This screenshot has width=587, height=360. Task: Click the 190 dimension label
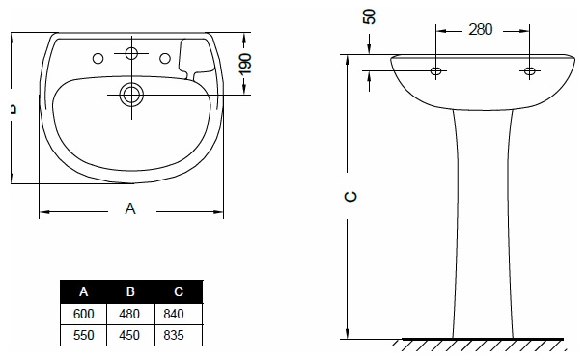[245, 64]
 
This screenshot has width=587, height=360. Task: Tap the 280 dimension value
[480, 29]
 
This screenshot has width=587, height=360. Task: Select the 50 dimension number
[370, 16]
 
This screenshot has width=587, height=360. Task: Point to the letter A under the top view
[130, 208]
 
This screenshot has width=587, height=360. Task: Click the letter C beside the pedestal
[350, 197]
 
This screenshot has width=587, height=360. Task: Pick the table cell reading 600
[83, 314]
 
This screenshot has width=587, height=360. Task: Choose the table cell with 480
[129, 314]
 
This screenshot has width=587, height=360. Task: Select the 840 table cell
[174, 314]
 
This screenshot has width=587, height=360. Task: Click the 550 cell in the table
[83, 335]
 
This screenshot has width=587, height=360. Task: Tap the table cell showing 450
[129, 335]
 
